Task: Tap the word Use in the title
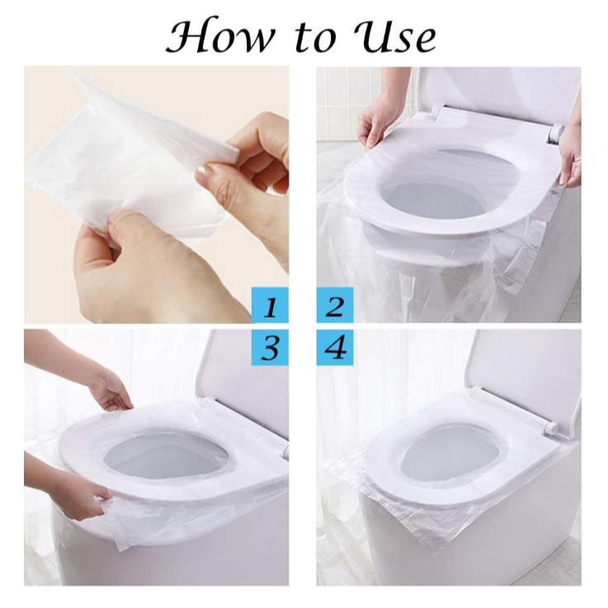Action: [x=394, y=35]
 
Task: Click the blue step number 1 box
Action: [x=270, y=305]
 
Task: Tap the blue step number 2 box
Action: [x=335, y=305]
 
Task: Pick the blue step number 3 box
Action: [x=270, y=347]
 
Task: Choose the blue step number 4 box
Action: [x=335, y=347]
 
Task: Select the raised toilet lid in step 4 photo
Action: [x=524, y=371]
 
